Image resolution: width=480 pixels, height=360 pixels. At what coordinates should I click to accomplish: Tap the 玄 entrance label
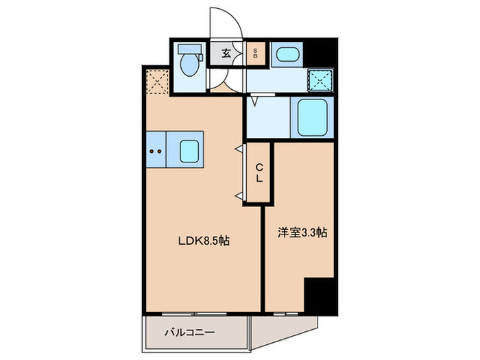coord(226,53)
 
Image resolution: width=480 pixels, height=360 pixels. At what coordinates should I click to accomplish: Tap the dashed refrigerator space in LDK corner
coord(158,82)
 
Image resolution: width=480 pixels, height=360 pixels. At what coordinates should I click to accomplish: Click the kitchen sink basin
coord(190,150)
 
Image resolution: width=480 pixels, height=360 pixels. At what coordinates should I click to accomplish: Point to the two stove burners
coord(155,150)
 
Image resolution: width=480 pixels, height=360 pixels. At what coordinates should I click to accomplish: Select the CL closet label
coord(259,172)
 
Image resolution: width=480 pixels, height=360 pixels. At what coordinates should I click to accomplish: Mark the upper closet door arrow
coord(240,148)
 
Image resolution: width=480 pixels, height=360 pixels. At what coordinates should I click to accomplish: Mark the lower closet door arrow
coord(240,197)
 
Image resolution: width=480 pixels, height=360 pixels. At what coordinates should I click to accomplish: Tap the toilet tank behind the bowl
coord(187,50)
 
